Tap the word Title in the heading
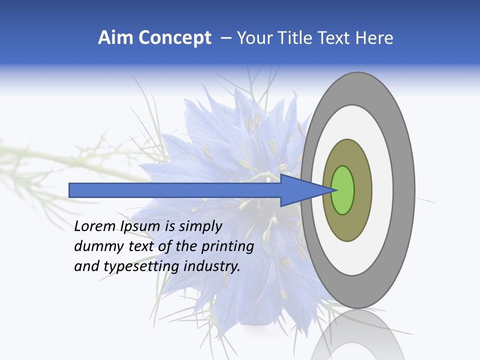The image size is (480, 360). pos(295,38)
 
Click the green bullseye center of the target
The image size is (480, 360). pos(343,190)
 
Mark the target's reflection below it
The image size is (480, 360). pos(357,335)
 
